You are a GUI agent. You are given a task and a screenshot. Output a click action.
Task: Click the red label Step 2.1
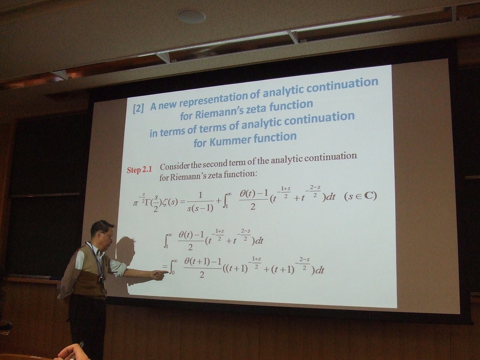point(139,169)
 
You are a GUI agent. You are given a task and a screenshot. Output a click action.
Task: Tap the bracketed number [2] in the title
point(138,108)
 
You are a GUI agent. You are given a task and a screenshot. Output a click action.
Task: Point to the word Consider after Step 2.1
point(174,166)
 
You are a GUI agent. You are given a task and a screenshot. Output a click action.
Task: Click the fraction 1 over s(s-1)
point(200,202)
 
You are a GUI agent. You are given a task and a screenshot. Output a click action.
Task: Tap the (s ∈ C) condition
point(360,196)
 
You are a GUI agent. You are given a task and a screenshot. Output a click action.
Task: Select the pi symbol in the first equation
point(136,203)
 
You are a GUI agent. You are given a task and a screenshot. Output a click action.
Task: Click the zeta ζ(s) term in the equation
point(170,202)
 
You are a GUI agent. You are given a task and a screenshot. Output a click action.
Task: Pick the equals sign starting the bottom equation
point(165,266)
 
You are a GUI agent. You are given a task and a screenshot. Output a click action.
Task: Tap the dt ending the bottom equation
point(319,270)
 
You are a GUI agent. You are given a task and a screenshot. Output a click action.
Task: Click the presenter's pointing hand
point(158,275)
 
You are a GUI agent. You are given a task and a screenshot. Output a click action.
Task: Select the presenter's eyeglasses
point(108,235)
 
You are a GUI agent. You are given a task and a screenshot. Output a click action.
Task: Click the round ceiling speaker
point(192,16)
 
